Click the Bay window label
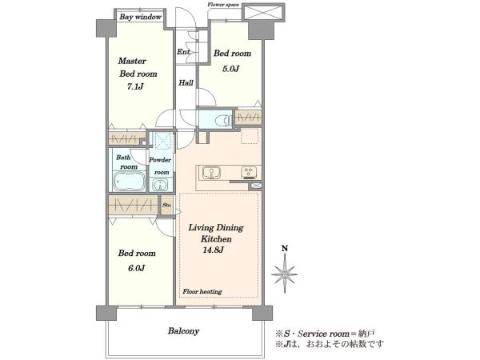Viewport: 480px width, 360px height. coord(141,17)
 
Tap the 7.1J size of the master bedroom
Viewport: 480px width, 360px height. coord(135,86)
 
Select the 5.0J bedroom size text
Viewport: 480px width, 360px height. coord(230,69)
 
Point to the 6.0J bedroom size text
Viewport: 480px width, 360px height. coord(136,268)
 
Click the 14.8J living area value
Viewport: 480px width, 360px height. coord(213,250)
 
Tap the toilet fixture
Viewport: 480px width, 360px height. coord(222,120)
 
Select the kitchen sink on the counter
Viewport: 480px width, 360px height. coord(211,174)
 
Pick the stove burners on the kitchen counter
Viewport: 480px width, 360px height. coord(248,173)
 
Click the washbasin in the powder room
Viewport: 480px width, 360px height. coord(159,185)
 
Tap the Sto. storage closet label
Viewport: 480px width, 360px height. coord(167,205)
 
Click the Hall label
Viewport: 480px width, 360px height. coord(186,82)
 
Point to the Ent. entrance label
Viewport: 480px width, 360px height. coord(184,52)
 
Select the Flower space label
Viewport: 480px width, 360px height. coord(223,5)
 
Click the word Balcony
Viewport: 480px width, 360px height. coord(184,331)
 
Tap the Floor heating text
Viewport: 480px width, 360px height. coord(202,292)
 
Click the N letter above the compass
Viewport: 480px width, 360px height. coord(285,249)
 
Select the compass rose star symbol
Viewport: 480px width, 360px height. coord(285,274)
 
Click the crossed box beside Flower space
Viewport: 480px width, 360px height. coord(263,13)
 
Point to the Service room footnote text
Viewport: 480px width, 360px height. coord(326,334)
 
